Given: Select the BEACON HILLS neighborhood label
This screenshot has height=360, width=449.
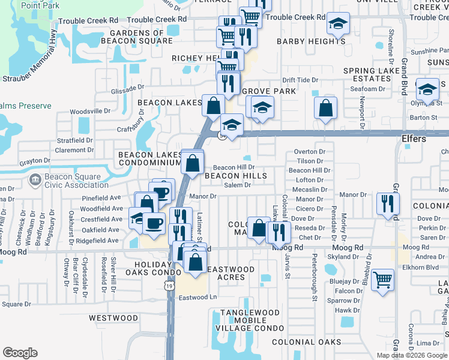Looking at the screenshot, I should point(235,176).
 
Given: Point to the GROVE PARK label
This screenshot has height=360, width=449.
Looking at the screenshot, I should point(269,91).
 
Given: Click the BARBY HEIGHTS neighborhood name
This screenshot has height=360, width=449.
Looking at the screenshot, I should point(311,41).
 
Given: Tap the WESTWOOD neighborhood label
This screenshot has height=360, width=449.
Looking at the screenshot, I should point(113,317).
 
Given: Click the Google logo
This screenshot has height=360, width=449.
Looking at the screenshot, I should point(20,353).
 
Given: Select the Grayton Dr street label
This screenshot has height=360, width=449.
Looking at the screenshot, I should point(35,161).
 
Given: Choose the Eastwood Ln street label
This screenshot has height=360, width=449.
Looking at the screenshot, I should point(197,297).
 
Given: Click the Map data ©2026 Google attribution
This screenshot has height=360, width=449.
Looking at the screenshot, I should point(412,355).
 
